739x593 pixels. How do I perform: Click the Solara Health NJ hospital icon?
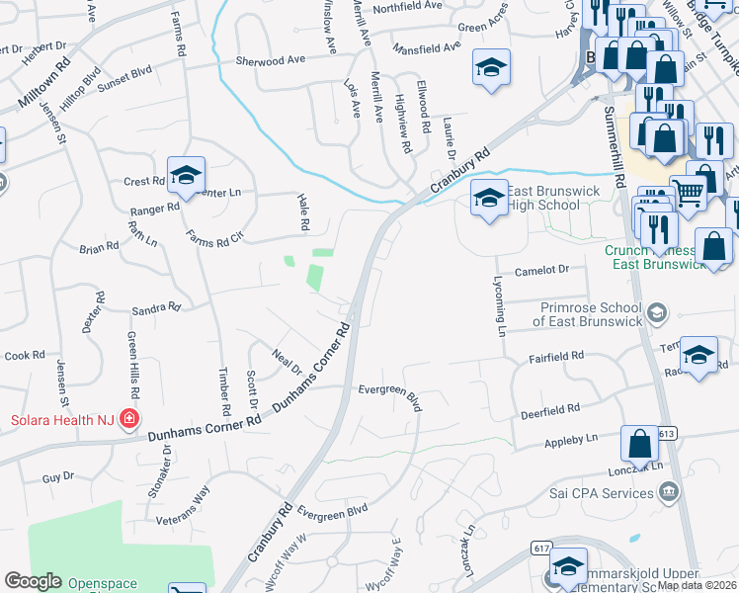pos(127,420)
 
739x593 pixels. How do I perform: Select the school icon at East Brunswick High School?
pos(488,199)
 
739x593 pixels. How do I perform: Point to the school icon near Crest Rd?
pos(185,175)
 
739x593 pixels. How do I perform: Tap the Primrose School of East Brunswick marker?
pos(655,313)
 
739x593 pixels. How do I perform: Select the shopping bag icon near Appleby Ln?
pos(639,445)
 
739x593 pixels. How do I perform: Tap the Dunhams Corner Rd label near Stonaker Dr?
pos(204,427)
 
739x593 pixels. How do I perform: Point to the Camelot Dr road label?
pos(543,270)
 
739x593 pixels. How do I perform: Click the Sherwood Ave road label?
pos(270,60)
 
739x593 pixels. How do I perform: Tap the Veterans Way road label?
pos(183,504)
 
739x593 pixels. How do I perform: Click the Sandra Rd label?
pos(156,308)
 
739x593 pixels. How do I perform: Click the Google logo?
pos(33,582)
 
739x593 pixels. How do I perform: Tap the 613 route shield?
pos(665,434)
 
